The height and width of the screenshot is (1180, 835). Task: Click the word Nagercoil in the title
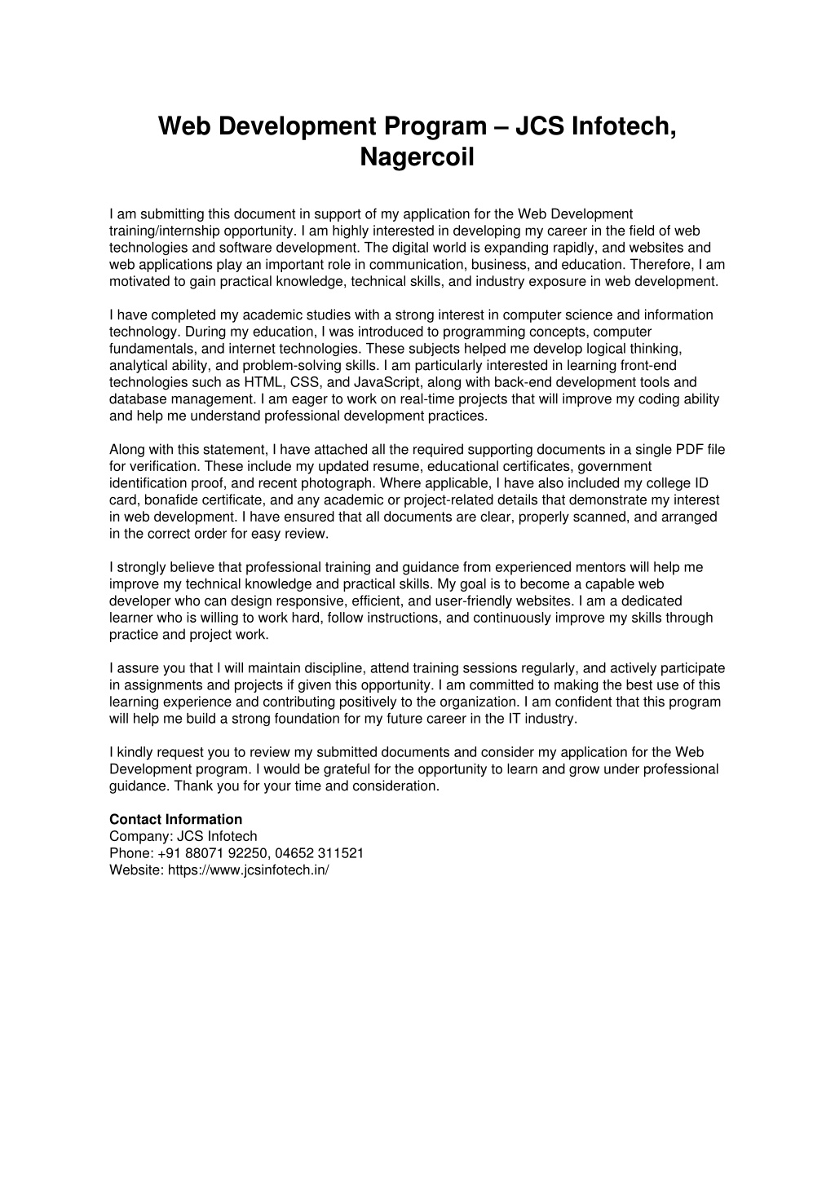click(417, 156)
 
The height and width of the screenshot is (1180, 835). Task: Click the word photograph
click(336, 483)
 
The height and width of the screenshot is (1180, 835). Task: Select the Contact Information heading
click(175, 819)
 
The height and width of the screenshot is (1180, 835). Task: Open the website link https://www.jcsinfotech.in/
click(248, 870)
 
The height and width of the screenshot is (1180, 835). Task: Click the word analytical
click(136, 366)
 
